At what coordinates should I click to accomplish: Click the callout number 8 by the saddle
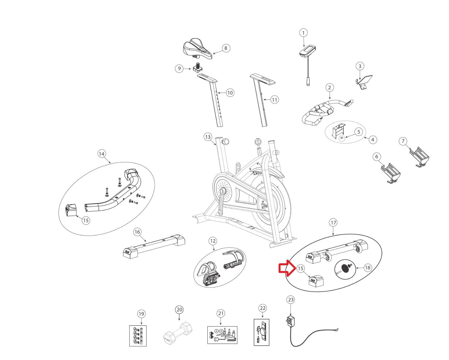(226, 48)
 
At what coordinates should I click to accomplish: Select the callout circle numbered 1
(303, 33)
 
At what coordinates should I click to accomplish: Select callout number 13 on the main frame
(208, 137)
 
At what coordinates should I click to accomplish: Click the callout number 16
(137, 232)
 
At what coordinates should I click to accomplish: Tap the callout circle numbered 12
(213, 241)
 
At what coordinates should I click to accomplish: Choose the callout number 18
(367, 268)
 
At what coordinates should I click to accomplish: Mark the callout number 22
(262, 308)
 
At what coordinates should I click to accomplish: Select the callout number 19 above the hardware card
(141, 314)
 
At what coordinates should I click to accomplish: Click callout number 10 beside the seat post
(230, 93)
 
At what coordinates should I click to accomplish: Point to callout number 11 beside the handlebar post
(274, 100)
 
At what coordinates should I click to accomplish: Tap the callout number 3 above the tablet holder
(360, 66)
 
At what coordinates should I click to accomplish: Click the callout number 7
(403, 141)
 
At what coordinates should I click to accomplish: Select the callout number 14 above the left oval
(102, 154)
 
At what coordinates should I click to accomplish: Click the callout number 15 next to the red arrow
(300, 269)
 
